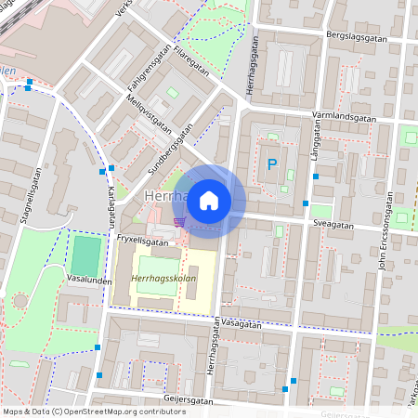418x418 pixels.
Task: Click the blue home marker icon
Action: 209,201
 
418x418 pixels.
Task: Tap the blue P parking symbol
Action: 271,165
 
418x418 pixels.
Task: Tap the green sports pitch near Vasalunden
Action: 85,255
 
